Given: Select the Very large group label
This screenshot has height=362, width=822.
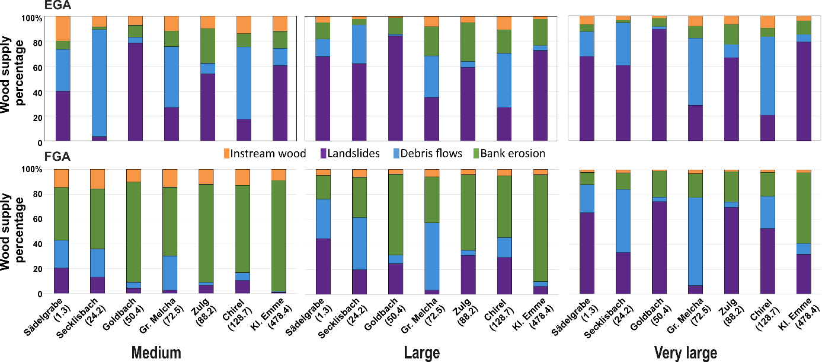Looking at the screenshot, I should [685, 353].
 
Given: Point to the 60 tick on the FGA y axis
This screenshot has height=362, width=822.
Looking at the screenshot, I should [38, 219].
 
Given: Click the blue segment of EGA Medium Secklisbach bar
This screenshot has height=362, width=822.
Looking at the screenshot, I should [100, 82].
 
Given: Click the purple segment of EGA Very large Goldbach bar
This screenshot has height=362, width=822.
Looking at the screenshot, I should [660, 85].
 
